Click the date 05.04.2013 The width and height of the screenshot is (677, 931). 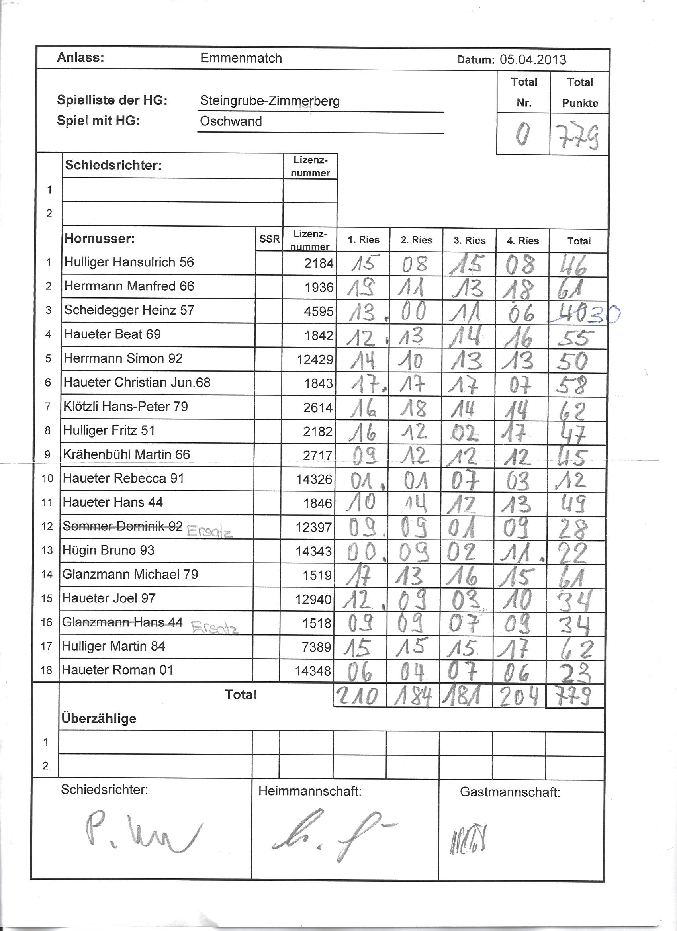tap(532, 60)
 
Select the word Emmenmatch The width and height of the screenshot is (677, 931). tap(241, 58)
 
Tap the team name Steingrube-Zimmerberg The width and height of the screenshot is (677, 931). tap(270, 101)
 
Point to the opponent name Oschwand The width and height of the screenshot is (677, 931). tap(231, 121)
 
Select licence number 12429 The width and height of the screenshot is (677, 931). tap(315, 360)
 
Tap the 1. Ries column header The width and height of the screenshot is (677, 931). tap(363, 240)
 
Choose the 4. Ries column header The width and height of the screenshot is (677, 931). tap(522, 241)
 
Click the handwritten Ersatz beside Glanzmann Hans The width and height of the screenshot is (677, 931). tap(215, 628)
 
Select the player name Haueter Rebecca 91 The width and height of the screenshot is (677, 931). tap(123, 478)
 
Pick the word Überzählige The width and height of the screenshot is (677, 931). tap(98, 718)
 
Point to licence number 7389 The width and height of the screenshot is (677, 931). tap(317, 647)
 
